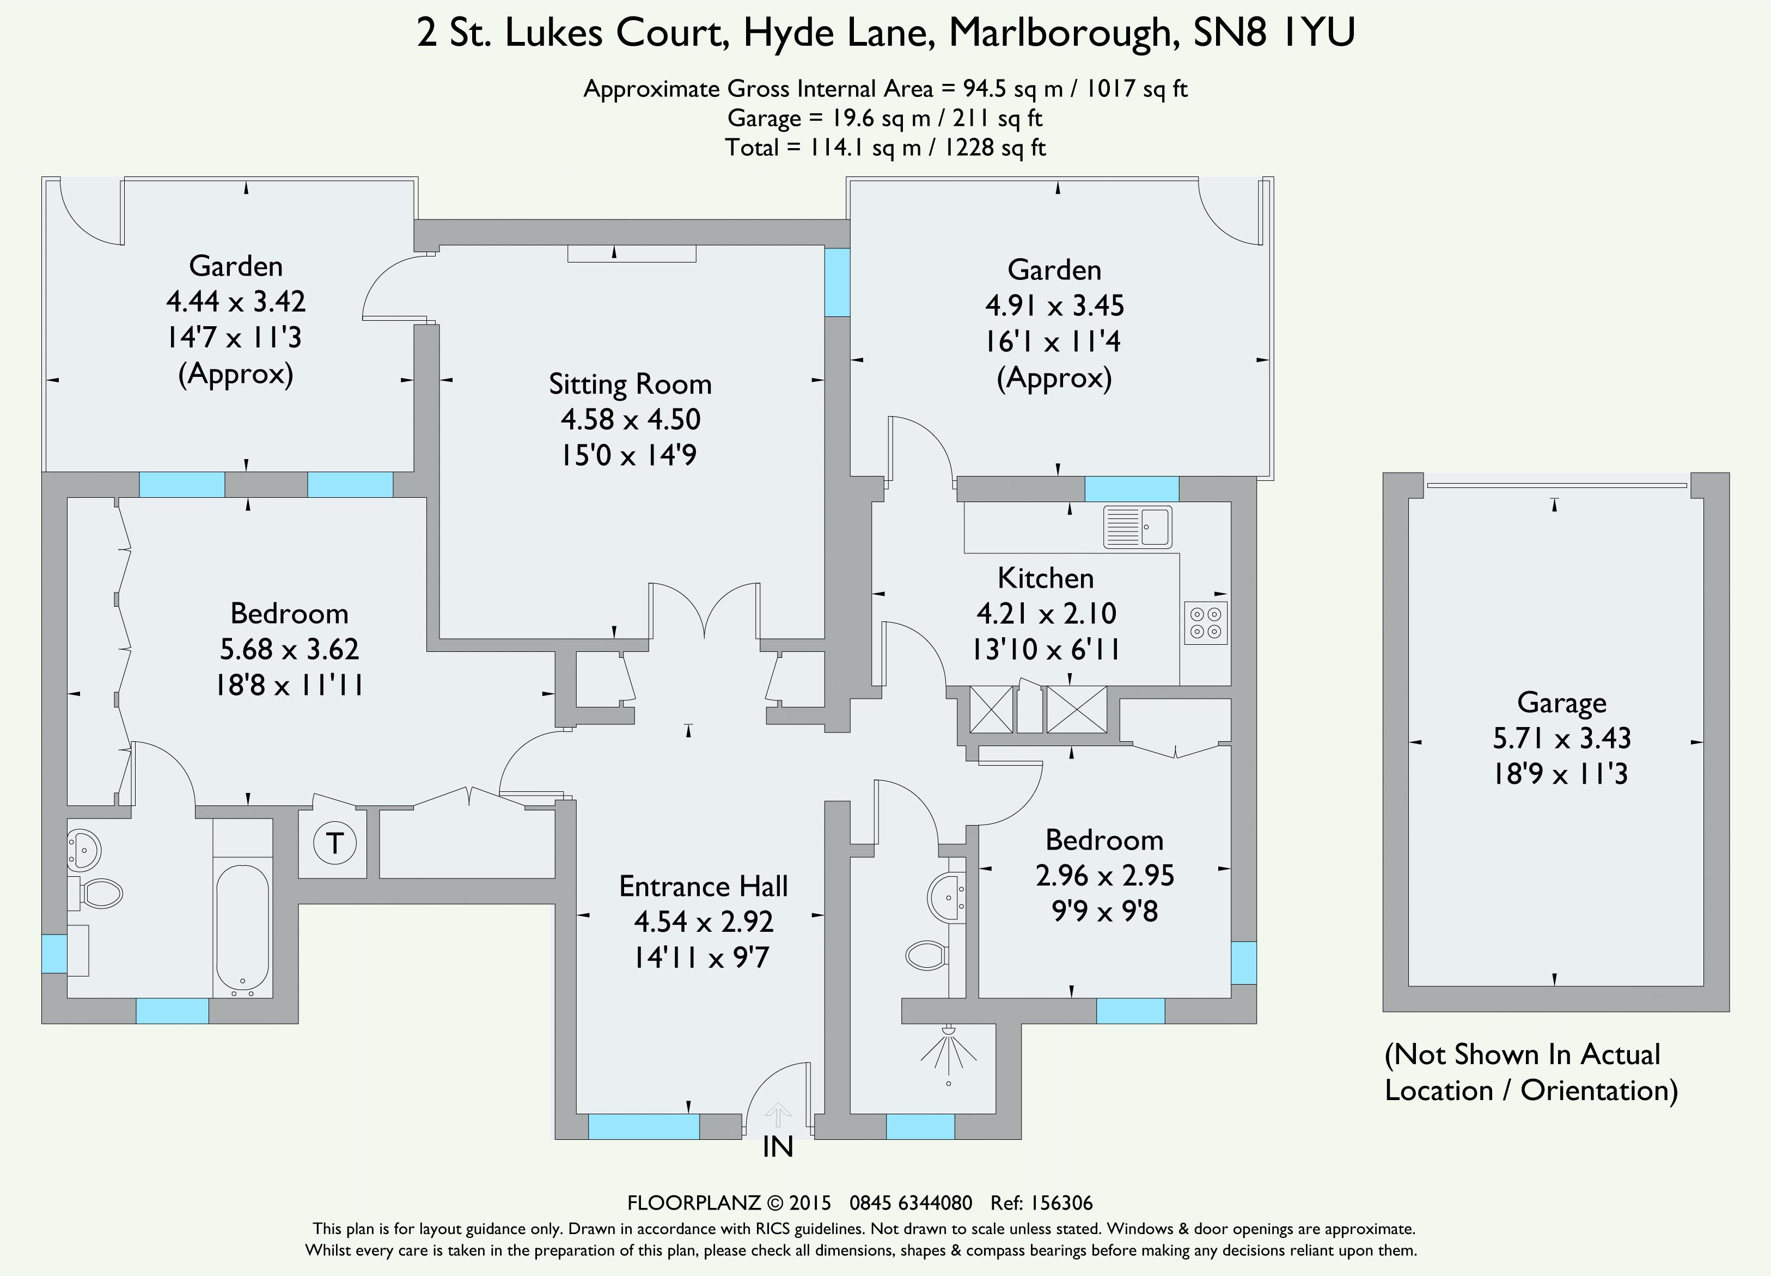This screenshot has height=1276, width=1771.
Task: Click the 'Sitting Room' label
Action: (630, 384)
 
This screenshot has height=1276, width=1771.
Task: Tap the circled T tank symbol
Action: (334, 844)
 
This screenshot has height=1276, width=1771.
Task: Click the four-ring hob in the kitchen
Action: (1206, 622)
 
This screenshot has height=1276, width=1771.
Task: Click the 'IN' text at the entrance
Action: (778, 1147)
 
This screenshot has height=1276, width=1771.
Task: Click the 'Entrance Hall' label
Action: (703, 886)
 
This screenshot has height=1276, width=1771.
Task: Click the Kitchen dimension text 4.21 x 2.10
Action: (1046, 614)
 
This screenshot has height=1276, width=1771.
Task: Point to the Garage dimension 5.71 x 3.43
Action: (1561, 738)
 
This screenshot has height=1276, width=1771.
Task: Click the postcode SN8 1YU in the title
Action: (1274, 33)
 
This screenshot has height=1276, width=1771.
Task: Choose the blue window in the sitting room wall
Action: (837, 282)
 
